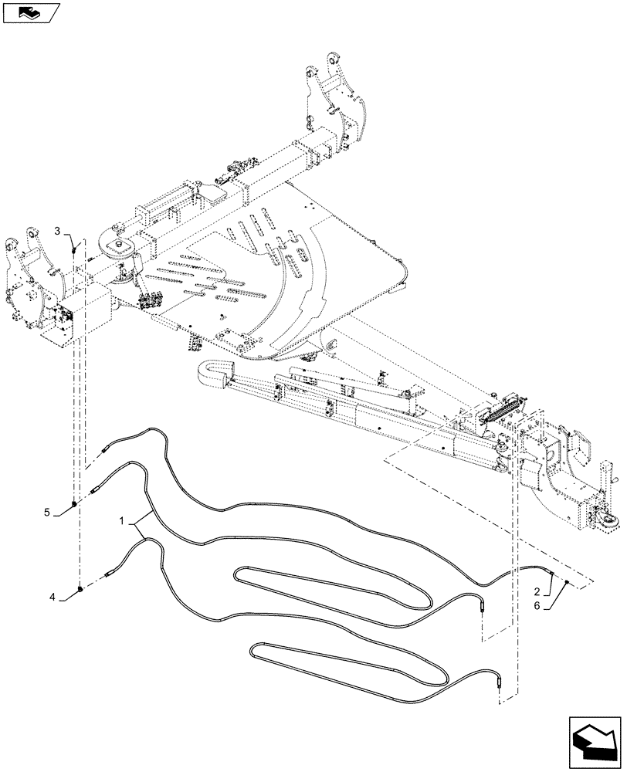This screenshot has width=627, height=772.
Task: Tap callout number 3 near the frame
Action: click(57, 231)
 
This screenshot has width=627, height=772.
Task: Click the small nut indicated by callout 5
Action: click(73, 504)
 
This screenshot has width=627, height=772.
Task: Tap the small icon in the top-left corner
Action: click(31, 12)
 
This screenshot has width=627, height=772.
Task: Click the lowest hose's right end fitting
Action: click(501, 682)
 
